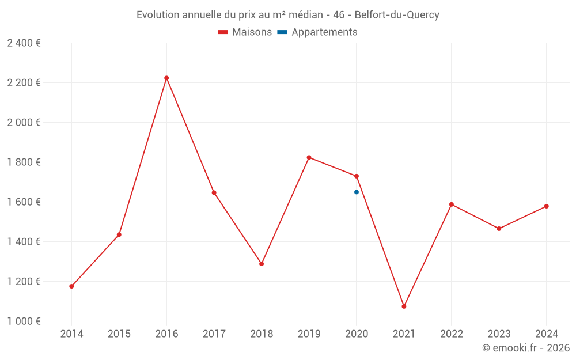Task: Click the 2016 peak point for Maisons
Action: pyautogui.click(x=166, y=78)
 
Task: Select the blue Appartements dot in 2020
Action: pyautogui.click(x=357, y=192)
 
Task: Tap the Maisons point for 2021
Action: pyautogui.click(x=404, y=306)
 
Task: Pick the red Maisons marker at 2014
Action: pyautogui.click(x=71, y=286)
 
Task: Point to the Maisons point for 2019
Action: pyautogui.click(x=309, y=157)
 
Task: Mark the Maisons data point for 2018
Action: pyautogui.click(x=262, y=264)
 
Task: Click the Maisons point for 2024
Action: pyautogui.click(x=546, y=206)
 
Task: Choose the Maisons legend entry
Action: pyautogui.click(x=245, y=32)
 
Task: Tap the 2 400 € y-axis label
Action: pyautogui.click(x=24, y=43)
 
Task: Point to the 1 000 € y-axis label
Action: pyautogui.click(x=24, y=321)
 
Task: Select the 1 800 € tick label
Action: pyautogui.click(x=24, y=162)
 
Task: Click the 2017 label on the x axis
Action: pyautogui.click(x=214, y=334)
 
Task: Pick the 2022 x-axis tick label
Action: pyautogui.click(x=451, y=334)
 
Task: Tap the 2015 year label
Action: pyautogui.click(x=119, y=334)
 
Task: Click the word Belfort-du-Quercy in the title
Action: pyautogui.click(x=397, y=15)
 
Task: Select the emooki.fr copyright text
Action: pyautogui.click(x=526, y=348)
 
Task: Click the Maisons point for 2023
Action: pyautogui.click(x=499, y=229)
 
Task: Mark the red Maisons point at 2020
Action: pyautogui.click(x=357, y=176)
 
